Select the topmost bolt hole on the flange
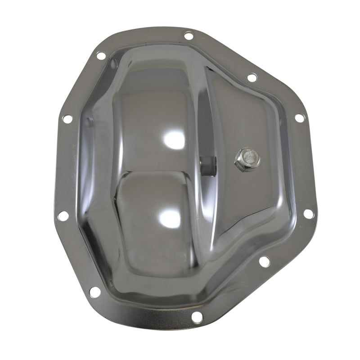click(189, 35)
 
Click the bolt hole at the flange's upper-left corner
click(101, 56)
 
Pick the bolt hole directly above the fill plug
click(252, 77)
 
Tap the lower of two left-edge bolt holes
click(63, 216)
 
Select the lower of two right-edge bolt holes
click(308, 214)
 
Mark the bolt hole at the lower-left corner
click(94, 292)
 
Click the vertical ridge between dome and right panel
click(205, 126)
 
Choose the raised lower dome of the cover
click(153, 216)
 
